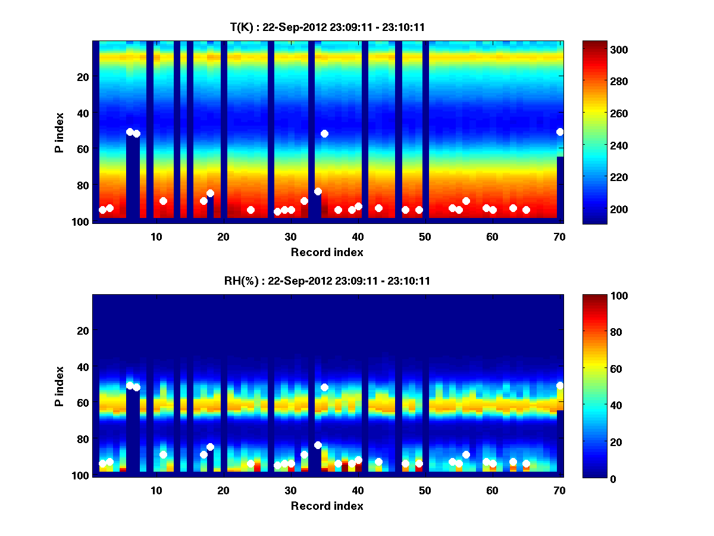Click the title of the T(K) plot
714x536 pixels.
coord(328,27)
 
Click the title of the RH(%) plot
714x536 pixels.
coord(328,281)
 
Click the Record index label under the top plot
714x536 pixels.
coord(327,253)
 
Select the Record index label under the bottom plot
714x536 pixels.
coord(327,506)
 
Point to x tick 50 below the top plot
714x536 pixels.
coord(425,236)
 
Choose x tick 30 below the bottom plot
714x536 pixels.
coord(290,490)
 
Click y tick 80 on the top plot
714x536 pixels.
coord(83,185)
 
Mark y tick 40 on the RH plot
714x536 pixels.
coord(83,367)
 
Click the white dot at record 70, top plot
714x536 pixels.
coord(560,132)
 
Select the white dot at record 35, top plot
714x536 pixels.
coord(324,133)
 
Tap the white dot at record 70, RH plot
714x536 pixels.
coord(560,385)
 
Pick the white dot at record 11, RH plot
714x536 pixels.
coord(163,455)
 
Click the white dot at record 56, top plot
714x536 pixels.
coord(466,201)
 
